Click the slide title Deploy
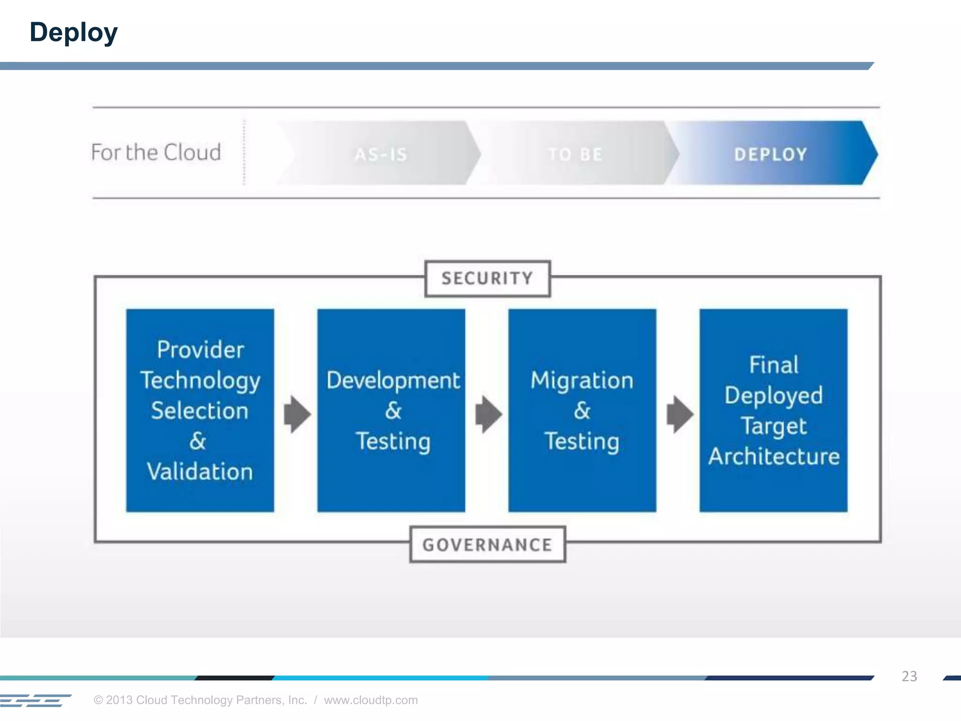tap(74, 32)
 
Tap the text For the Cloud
tap(156, 153)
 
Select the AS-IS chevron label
tap(381, 154)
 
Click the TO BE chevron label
tap(575, 154)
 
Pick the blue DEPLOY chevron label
tap(770, 154)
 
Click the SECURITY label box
tap(487, 278)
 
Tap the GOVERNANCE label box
tap(487, 545)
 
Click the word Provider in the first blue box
tap(200, 350)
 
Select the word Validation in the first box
tap(200, 471)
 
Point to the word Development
tap(393, 380)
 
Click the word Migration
tap(582, 380)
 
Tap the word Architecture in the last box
tap(774, 456)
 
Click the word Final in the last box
tap(773, 365)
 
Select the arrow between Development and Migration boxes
tap(488, 414)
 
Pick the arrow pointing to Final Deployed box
tap(679, 414)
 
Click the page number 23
tap(909, 676)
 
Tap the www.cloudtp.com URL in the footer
tap(370, 700)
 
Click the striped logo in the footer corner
tap(35, 700)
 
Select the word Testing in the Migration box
tap(582, 441)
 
